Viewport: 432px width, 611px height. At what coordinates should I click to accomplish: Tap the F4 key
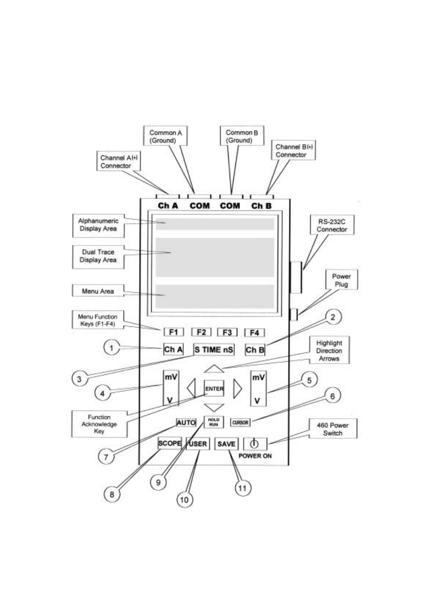[x=254, y=333]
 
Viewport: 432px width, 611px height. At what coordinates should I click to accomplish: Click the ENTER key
[x=214, y=388]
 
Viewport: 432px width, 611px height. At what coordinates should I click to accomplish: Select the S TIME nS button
[x=214, y=349]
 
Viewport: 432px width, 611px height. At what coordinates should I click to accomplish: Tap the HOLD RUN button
[x=214, y=422]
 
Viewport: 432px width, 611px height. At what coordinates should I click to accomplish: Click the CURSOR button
[x=240, y=423]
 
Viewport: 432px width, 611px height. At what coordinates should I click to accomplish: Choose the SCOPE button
[x=169, y=443]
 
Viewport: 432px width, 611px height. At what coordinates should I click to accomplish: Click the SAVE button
[x=226, y=444]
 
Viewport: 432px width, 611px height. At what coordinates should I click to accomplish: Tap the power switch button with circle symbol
[x=255, y=444]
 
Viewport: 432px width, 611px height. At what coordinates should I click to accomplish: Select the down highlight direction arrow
[x=214, y=408]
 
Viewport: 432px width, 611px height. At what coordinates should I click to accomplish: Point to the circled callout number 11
[x=243, y=488]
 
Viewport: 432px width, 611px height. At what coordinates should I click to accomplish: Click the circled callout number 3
[x=79, y=379]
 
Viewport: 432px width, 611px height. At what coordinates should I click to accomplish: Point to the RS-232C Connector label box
[x=332, y=225]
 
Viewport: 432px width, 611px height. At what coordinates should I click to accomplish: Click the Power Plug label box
[x=341, y=280]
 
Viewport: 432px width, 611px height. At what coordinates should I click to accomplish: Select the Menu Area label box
[x=98, y=291]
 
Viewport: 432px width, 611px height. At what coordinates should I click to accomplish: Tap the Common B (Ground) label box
[x=242, y=136]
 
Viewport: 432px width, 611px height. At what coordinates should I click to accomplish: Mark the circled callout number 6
[x=332, y=396]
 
